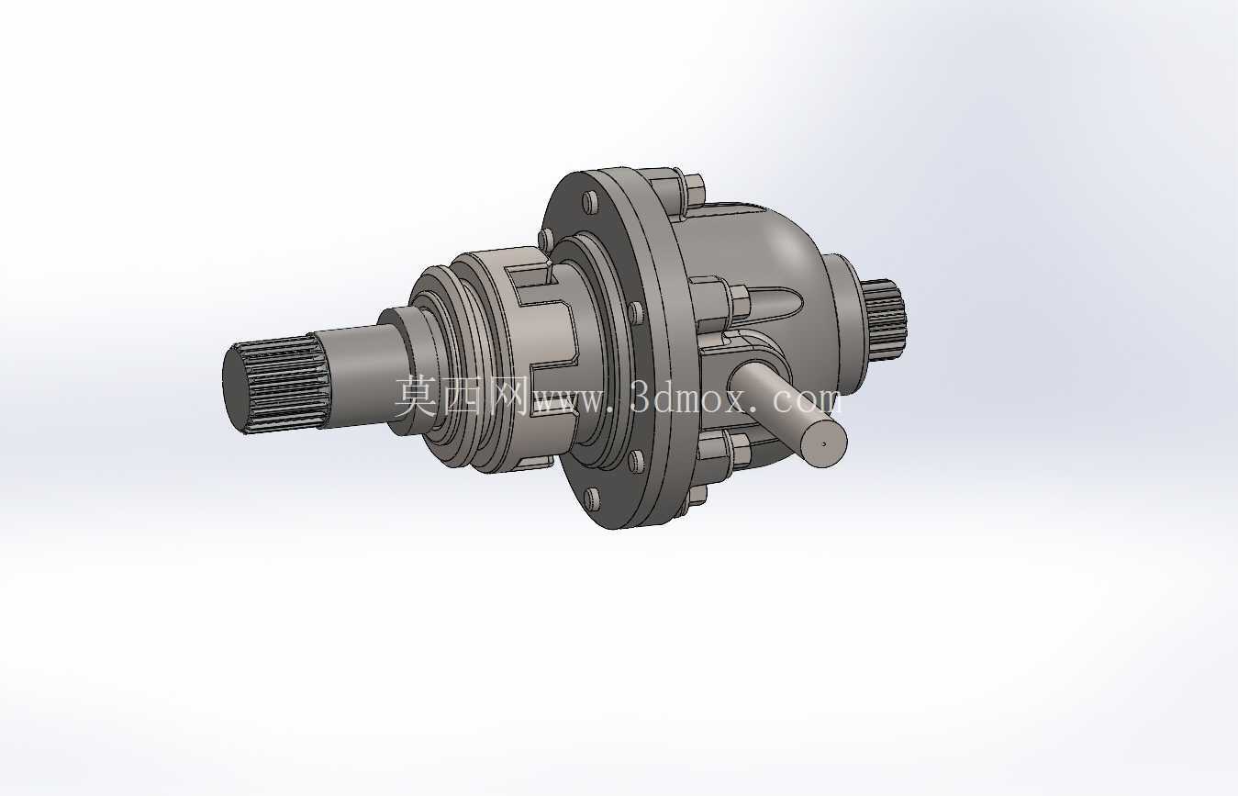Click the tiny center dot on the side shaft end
click(x=825, y=443)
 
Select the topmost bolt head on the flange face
click(x=591, y=203)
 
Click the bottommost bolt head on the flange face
click(x=591, y=499)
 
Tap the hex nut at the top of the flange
click(x=694, y=191)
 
